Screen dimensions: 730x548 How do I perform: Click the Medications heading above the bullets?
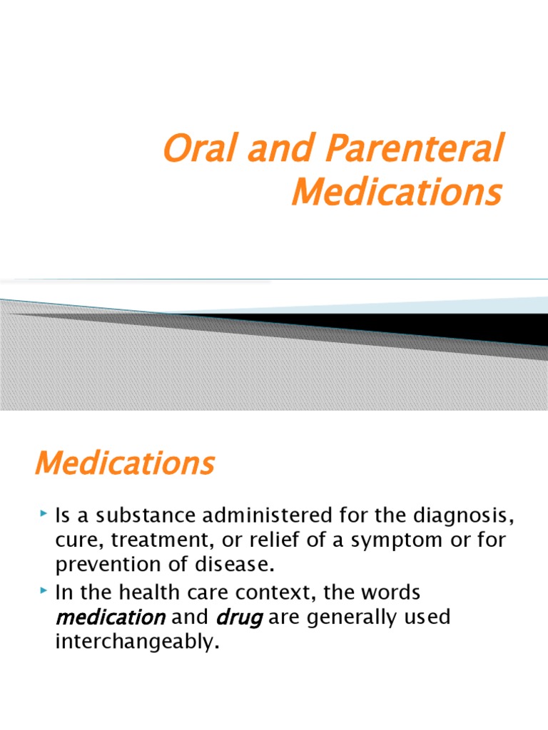click(124, 463)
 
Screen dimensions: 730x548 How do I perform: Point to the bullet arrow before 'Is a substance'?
click(44, 513)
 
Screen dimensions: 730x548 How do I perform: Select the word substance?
click(140, 515)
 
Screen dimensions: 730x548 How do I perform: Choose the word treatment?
click(158, 540)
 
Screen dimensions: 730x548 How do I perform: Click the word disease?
click(237, 566)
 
